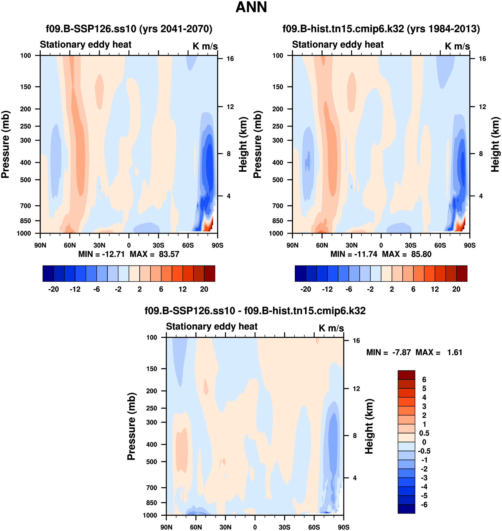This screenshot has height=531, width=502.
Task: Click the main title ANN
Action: click(251, 7)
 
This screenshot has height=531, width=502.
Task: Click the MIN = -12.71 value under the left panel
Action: click(101, 254)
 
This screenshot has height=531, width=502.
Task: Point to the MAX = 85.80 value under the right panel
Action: click(407, 254)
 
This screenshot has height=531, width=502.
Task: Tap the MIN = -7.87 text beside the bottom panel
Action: click(389, 352)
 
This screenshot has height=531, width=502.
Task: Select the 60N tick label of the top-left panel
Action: click(70, 245)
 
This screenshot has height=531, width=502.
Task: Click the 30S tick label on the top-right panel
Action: click(411, 245)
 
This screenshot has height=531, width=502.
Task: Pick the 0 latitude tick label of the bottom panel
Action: click(255, 527)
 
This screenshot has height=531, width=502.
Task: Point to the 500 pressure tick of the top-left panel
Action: click(26, 180)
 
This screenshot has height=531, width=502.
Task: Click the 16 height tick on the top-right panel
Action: click(482, 59)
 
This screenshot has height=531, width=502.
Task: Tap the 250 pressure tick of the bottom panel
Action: click(152, 408)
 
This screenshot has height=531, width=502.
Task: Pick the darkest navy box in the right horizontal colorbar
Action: click(300, 274)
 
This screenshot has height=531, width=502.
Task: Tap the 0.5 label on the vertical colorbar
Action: click(424, 433)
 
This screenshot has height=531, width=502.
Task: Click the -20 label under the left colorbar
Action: click(54, 289)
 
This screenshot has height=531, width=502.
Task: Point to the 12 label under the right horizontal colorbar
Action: click(435, 289)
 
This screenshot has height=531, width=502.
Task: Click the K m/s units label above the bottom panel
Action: click(331, 328)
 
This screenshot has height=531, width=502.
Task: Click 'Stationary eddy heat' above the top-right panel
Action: click(338, 45)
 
